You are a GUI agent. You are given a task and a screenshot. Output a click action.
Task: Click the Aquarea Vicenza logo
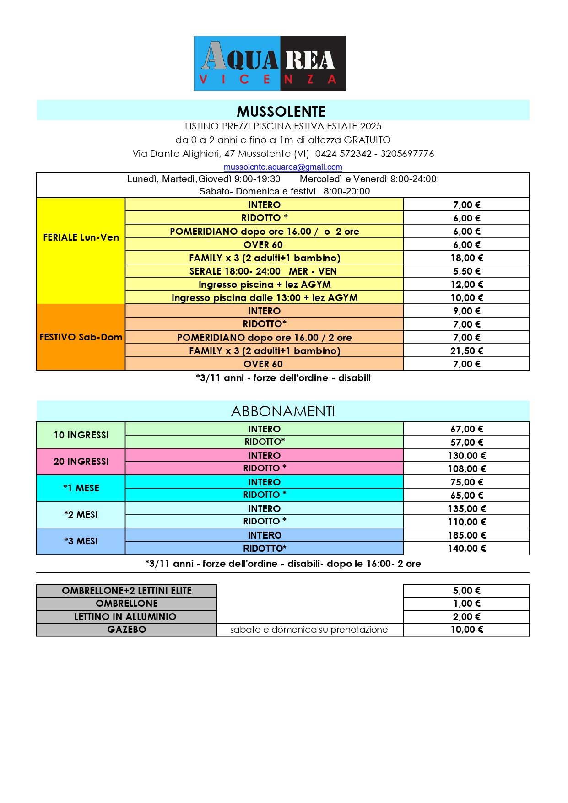(x=270, y=63)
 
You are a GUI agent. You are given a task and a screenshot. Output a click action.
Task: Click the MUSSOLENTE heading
(x=281, y=111)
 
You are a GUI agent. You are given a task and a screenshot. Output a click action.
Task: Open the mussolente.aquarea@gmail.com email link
(x=283, y=167)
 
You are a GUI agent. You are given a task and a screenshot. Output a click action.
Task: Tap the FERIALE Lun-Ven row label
(x=81, y=237)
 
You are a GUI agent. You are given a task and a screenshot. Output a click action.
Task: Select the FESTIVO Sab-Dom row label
(x=81, y=337)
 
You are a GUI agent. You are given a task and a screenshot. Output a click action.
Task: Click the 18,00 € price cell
(x=466, y=258)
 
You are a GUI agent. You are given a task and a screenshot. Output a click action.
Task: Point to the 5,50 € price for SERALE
(x=466, y=271)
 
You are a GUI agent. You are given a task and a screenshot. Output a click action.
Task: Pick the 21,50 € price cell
(x=466, y=351)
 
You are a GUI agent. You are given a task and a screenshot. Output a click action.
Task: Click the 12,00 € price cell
(x=466, y=285)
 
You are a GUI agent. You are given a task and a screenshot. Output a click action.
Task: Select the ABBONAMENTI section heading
(x=283, y=411)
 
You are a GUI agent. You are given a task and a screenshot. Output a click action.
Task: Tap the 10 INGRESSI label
(x=81, y=435)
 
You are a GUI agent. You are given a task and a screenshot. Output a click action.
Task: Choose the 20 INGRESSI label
(x=81, y=462)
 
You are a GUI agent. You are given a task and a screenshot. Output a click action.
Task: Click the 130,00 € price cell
(x=466, y=456)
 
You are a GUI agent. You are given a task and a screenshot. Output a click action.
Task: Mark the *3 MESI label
(x=81, y=541)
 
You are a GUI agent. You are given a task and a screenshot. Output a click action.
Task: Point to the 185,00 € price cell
(x=466, y=535)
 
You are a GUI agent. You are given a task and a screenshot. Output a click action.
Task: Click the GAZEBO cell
(x=126, y=630)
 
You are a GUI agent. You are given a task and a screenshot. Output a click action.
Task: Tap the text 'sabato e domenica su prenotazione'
(x=309, y=630)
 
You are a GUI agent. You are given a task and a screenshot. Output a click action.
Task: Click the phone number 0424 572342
(x=343, y=154)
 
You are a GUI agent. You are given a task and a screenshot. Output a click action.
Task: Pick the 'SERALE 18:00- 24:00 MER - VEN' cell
(x=263, y=271)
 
